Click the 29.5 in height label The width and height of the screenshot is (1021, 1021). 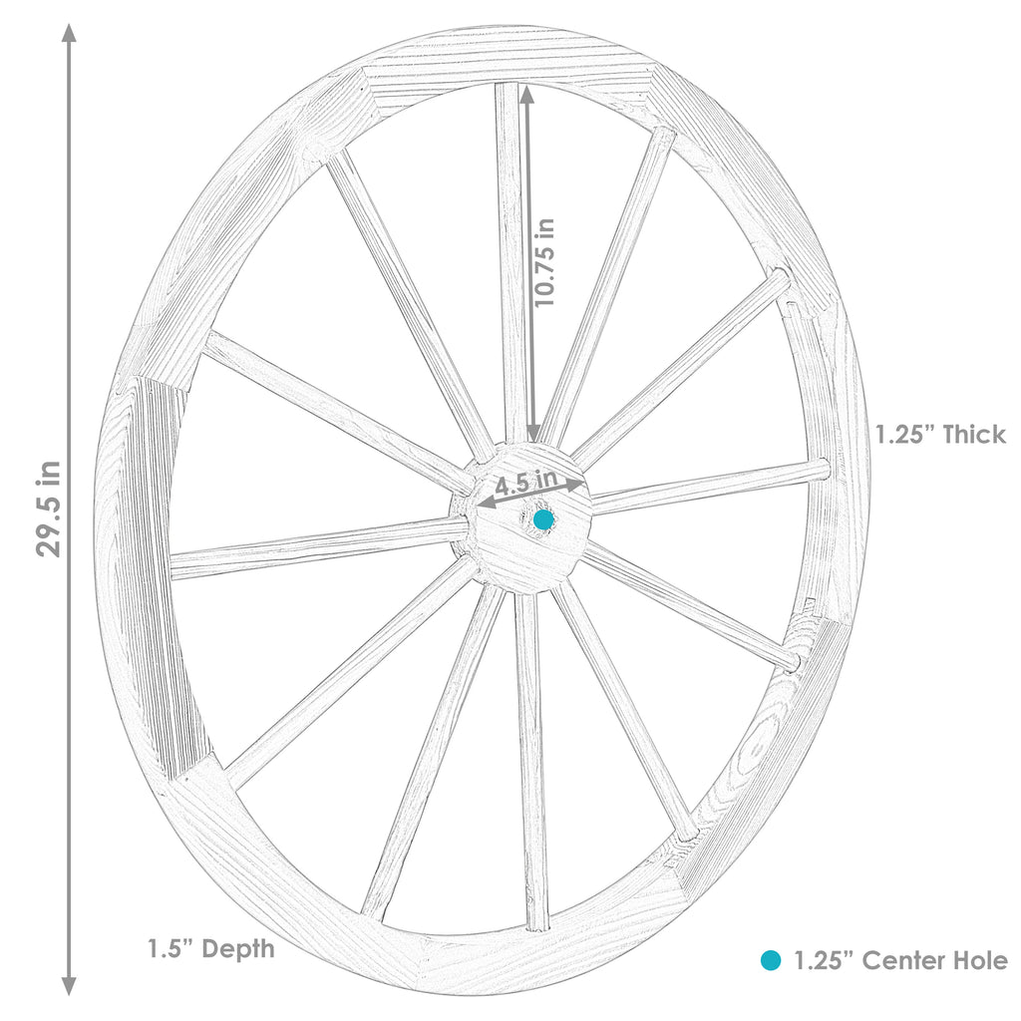(51, 509)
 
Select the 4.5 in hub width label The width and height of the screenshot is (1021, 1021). (525, 483)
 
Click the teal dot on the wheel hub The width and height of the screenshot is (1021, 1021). (543, 519)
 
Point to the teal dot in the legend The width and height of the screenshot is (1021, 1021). (770, 960)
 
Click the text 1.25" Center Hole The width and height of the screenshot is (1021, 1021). (900, 960)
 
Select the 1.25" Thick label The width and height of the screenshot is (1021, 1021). (940, 434)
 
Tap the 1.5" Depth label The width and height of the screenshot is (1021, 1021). (210, 948)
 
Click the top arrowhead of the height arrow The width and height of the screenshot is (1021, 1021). (69, 32)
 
